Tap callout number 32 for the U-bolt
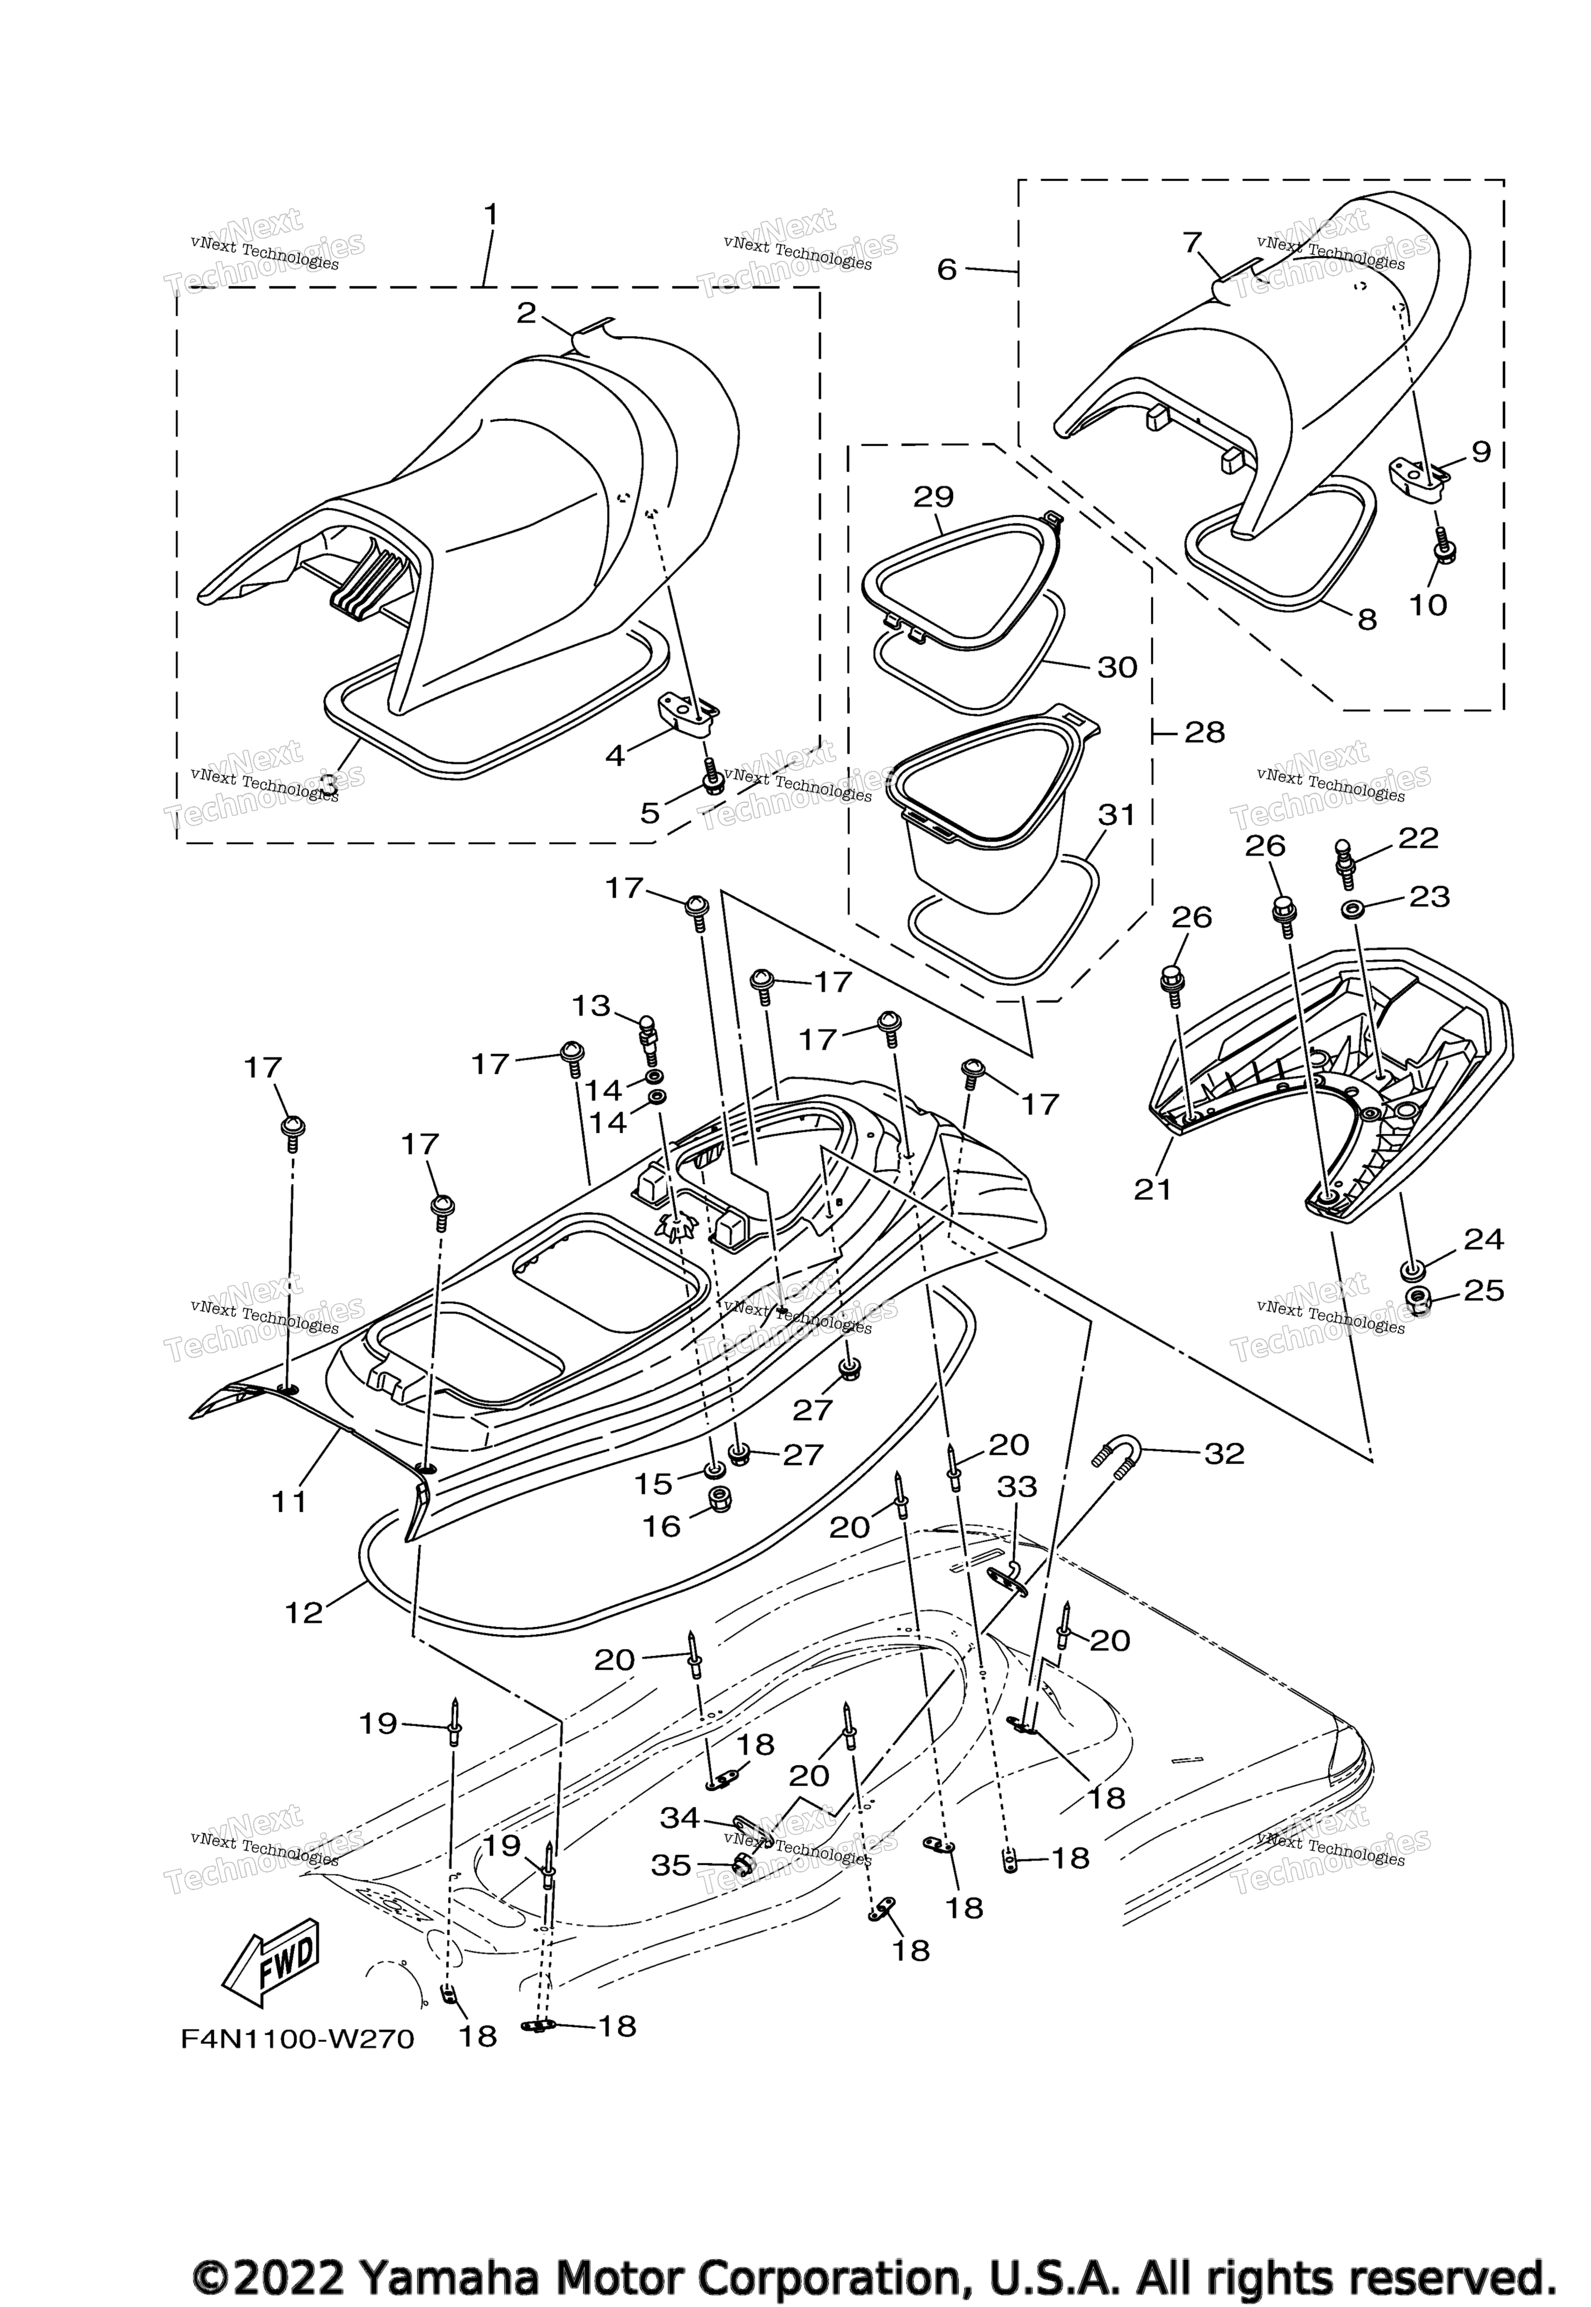(1224, 1454)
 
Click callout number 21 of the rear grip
(1153, 1189)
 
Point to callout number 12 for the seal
(304, 1611)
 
